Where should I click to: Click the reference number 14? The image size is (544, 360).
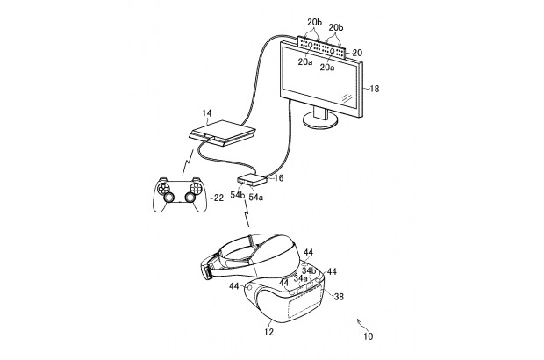click(208, 114)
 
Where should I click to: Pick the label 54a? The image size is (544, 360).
click(255, 198)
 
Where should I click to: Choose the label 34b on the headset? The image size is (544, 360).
click(308, 270)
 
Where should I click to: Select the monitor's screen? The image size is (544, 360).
click(321, 81)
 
